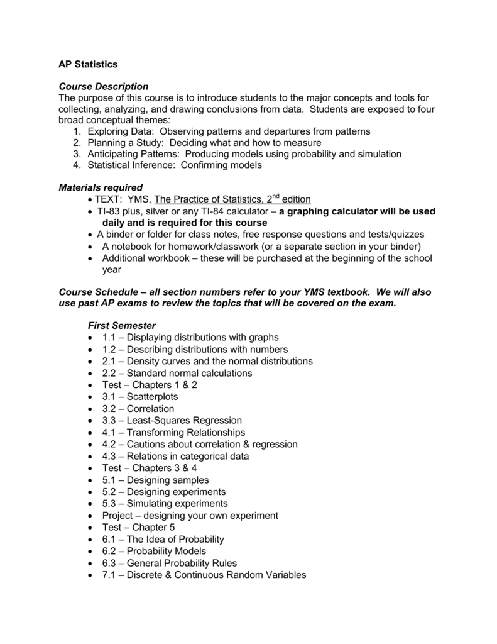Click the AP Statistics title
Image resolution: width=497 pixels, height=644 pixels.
tap(88, 64)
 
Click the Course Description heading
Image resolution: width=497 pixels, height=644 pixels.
tap(103, 86)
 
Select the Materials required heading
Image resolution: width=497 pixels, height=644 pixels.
tap(101, 187)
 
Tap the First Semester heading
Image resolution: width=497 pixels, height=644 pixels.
tap(121, 325)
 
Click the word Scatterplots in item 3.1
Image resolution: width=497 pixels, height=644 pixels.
tap(152, 397)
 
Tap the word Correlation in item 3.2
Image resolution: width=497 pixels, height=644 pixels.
tap(150, 409)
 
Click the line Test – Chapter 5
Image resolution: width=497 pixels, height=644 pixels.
tap(138, 527)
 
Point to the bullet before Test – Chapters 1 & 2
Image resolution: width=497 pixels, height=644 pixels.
tap(91, 385)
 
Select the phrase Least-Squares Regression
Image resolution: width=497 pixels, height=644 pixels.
tap(184, 420)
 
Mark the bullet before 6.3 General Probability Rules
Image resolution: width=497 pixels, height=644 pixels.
tap(91, 563)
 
